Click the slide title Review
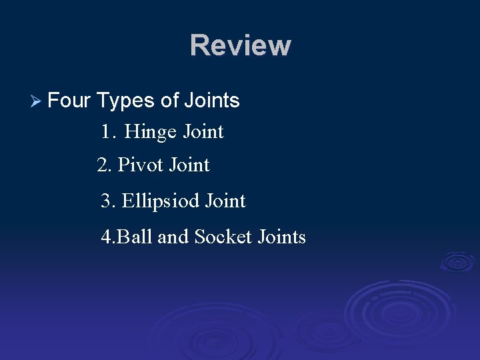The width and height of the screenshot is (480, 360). tap(240, 46)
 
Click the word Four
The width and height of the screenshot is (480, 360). tap(70, 101)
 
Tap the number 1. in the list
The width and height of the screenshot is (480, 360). tap(109, 132)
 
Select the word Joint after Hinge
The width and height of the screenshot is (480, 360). tap(203, 132)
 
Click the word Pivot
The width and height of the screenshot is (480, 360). tap(141, 165)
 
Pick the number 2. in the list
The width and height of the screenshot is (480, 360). tap(104, 165)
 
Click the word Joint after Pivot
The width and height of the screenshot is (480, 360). tap(189, 165)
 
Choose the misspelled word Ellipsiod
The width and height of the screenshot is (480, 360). tap(161, 201)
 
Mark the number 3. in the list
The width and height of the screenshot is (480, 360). tap(108, 201)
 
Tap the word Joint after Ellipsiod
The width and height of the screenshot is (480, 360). tap(225, 201)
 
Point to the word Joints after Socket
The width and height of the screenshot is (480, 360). tap(281, 237)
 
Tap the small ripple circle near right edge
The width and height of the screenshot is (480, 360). tap(457, 261)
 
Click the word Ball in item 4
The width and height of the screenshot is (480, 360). tap(135, 237)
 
